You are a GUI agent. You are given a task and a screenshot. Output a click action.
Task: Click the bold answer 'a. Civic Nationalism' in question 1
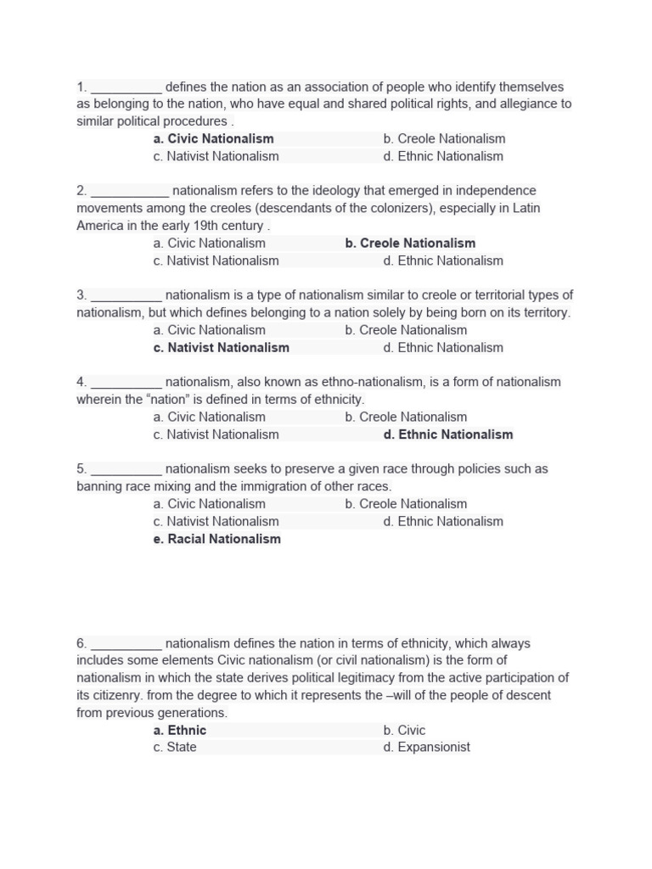pos(213,138)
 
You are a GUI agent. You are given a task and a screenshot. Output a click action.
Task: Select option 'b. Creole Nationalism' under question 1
pos(444,138)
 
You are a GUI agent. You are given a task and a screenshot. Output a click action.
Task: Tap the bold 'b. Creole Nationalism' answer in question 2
pos(410,243)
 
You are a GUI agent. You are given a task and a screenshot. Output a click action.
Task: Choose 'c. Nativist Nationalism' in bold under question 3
pos(221,347)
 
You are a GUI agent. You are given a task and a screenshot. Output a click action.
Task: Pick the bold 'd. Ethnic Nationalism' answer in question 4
pos(447,434)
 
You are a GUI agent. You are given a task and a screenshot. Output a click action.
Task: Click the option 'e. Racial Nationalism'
pos(216,539)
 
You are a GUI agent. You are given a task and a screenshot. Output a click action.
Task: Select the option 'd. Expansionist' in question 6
pos(426,747)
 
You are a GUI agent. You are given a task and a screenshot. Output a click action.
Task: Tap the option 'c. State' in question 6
pos(175,747)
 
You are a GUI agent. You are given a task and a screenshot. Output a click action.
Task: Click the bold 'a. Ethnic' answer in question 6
pos(180,730)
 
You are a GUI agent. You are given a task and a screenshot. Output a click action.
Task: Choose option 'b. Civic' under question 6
pos(404,730)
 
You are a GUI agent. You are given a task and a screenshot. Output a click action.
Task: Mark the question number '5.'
pos(81,468)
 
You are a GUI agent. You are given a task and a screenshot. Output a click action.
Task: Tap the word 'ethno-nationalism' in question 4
pos(369,382)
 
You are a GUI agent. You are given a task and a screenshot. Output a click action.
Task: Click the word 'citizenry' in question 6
pos(116,695)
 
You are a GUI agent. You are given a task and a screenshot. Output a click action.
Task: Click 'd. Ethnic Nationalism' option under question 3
pos(443,347)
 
